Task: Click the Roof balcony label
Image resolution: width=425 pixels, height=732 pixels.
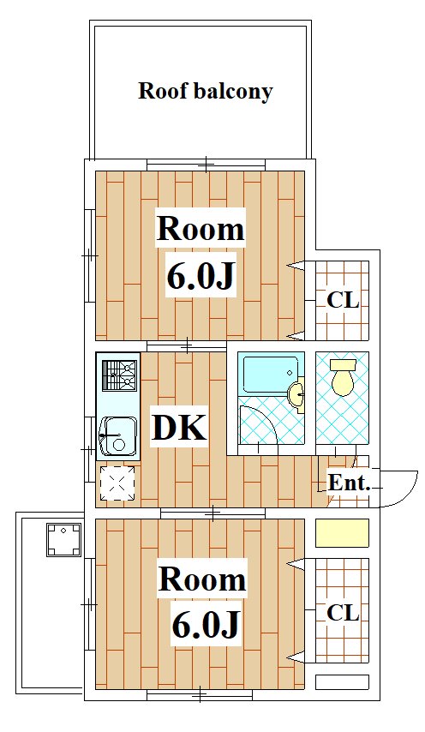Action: [206, 91]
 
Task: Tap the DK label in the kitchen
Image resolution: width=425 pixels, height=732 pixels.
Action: [180, 428]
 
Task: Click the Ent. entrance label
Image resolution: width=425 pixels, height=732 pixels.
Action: [349, 483]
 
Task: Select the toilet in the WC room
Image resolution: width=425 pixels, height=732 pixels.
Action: [343, 377]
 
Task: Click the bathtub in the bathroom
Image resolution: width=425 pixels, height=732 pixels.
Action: [271, 375]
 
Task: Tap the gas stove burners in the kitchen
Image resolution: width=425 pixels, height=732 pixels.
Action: [120, 375]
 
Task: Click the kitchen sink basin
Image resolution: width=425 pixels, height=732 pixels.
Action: [119, 436]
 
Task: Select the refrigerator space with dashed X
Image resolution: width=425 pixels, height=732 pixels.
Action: [117, 483]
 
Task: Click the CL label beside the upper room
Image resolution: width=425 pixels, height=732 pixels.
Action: [343, 301]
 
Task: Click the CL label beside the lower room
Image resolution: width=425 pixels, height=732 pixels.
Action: [343, 613]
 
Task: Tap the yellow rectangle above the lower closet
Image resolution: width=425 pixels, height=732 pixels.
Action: [343, 532]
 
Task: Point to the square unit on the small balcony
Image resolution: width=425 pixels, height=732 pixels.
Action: [64, 540]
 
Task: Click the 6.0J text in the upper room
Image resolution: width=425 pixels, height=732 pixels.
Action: [199, 277]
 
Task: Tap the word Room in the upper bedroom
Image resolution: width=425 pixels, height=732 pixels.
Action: [201, 229]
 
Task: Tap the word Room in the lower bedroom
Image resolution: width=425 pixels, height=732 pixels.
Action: [202, 579]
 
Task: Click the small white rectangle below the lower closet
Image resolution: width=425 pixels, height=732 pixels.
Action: [343, 682]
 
